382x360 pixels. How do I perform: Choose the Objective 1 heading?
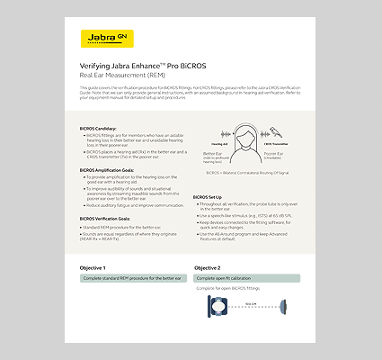(92, 268)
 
